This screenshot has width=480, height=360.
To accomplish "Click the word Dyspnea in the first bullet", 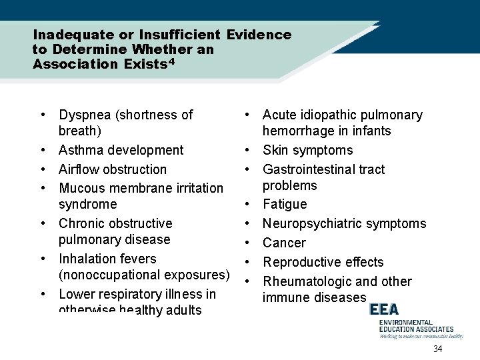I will tap(85, 115).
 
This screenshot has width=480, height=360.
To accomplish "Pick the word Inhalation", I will tap(89, 259).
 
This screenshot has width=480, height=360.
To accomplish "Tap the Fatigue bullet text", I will tap(285, 204).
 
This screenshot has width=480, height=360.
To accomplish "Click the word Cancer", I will tap(284, 243).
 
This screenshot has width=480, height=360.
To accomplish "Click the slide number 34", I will tap(438, 350).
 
